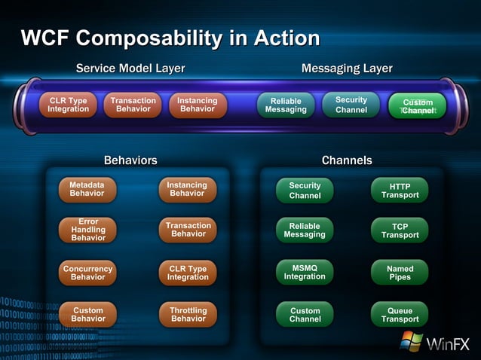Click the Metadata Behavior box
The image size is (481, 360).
(87, 189)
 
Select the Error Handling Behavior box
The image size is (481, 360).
(88, 230)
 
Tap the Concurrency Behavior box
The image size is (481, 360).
(88, 273)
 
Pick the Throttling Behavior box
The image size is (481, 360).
(188, 314)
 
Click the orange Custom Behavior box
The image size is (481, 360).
(88, 314)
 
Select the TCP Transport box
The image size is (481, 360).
(400, 230)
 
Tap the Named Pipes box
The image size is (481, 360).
(400, 273)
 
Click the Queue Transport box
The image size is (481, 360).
(400, 314)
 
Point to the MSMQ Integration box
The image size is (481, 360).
(305, 272)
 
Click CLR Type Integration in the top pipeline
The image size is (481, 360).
(68, 105)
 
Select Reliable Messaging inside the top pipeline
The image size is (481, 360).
(286, 105)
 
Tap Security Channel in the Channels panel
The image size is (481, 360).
(305, 191)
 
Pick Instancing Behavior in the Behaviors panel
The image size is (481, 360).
(187, 189)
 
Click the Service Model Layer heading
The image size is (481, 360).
(130, 69)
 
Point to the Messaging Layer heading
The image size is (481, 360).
(347, 69)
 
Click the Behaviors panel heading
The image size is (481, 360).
(130, 160)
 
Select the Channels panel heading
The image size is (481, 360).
(347, 160)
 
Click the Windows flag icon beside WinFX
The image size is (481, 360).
(411, 341)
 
